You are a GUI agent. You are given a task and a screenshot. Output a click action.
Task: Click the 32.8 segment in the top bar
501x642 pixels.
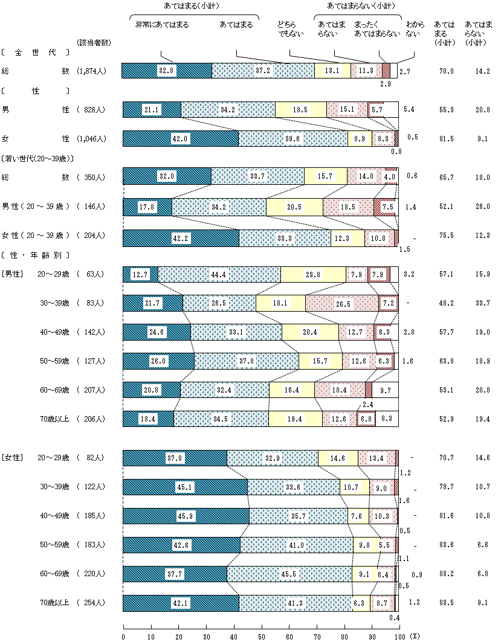[x=166, y=71]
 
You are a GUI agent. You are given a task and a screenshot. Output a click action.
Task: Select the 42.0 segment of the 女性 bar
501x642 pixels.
[x=180, y=138]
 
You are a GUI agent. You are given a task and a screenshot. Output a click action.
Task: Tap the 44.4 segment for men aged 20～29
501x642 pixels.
[x=219, y=274]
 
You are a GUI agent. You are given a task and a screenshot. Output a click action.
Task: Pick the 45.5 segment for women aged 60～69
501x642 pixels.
[x=289, y=574]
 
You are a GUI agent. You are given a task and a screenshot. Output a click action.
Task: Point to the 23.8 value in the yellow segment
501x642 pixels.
[x=313, y=274]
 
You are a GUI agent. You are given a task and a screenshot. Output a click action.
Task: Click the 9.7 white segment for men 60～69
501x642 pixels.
[x=385, y=390]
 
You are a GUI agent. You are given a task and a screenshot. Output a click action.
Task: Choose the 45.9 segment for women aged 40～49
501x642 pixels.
[x=186, y=516]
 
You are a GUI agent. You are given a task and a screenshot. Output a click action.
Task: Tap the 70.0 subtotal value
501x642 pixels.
[x=446, y=71]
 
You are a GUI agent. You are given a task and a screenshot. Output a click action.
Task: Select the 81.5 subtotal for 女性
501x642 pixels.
[x=446, y=138]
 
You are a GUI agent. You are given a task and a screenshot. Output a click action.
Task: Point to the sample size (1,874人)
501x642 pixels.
[x=92, y=71]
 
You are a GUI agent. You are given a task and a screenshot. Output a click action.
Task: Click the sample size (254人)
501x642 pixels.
[x=91, y=603]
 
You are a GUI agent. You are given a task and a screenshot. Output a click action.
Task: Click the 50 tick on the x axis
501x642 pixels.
[x=262, y=636]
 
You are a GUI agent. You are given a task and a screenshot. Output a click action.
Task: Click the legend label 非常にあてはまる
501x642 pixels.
[x=161, y=25]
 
